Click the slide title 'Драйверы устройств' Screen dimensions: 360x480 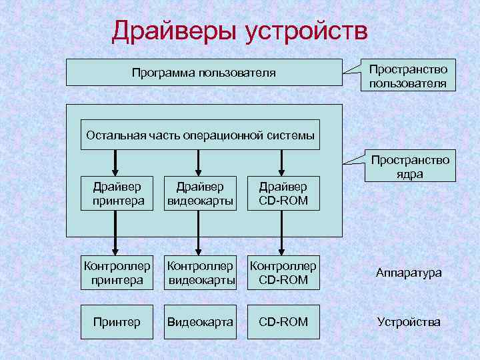click(239, 31)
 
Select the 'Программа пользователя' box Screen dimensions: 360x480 click(203, 72)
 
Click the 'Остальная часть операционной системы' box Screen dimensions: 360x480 click(199, 135)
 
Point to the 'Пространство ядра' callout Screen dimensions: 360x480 click(409, 167)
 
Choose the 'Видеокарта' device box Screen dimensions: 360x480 click(201, 322)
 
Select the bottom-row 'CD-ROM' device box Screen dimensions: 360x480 click(283, 322)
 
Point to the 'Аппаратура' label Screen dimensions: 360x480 click(409, 273)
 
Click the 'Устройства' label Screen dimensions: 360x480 click(409, 322)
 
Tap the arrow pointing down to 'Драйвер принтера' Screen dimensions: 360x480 click(116, 162)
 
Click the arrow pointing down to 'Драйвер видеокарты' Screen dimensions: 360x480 click(198, 162)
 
